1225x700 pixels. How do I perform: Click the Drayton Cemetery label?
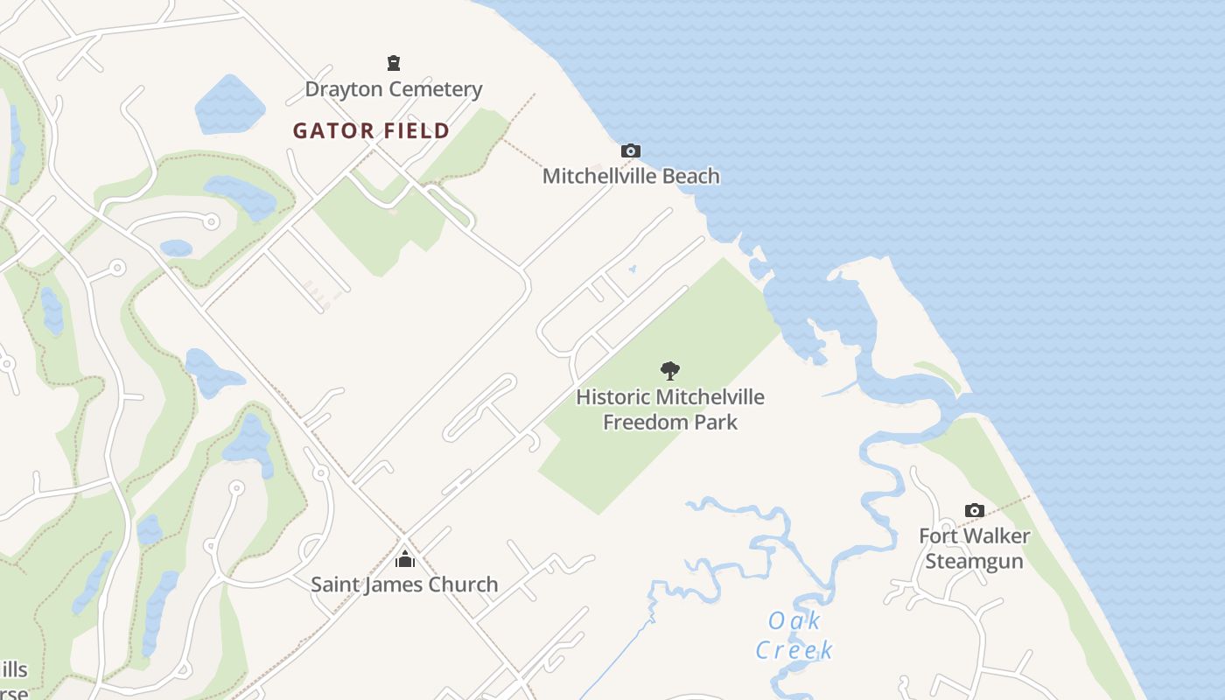tap(393, 89)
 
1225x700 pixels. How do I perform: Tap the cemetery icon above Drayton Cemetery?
tap(394, 63)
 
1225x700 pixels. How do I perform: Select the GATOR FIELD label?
tap(371, 131)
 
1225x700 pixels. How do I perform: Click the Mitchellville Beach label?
tap(631, 176)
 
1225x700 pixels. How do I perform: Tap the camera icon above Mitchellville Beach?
tap(630, 151)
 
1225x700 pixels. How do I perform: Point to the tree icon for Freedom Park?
tap(670, 371)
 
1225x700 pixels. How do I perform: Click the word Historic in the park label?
tap(612, 397)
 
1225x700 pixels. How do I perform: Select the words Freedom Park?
tap(670, 422)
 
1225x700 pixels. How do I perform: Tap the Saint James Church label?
tap(404, 584)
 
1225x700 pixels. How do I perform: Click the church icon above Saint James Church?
tap(404, 558)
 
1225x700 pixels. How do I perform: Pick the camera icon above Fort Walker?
tap(974, 511)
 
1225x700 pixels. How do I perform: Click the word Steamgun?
tap(974, 561)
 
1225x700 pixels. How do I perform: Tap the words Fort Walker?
tap(974, 535)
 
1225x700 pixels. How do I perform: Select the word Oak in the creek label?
tap(794, 621)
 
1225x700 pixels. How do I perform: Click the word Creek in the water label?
tap(794, 650)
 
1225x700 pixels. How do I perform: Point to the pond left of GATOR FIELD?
tap(228, 105)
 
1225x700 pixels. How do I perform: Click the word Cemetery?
tap(438, 89)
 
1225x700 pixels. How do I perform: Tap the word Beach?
tap(689, 176)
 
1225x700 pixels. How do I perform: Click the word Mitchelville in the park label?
tap(710, 397)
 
